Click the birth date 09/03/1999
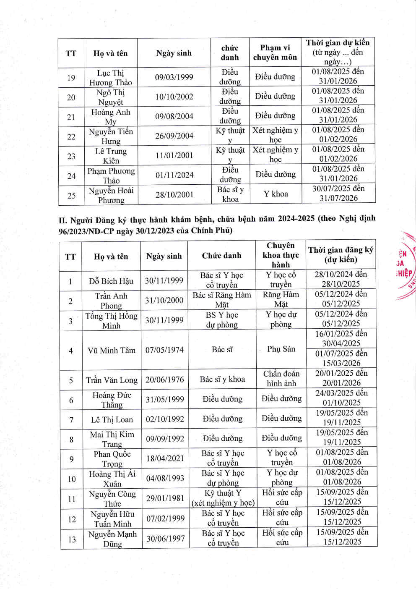(174, 77)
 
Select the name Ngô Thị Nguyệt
(111, 97)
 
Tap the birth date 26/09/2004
(174, 136)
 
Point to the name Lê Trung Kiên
(111, 156)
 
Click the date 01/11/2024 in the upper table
(174, 175)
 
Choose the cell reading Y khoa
(276, 194)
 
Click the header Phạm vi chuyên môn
(275, 52)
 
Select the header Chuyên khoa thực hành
(281, 255)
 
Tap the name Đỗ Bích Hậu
(111, 281)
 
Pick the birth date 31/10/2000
(164, 300)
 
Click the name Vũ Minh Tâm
(112, 350)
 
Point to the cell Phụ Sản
(281, 349)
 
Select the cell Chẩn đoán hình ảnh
(281, 379)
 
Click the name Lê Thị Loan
(112, 419)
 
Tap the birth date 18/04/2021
(165, 458)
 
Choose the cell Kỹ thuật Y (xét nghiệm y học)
(223, 498)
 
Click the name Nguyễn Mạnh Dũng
(112, 539)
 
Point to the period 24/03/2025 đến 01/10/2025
(341, 398)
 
